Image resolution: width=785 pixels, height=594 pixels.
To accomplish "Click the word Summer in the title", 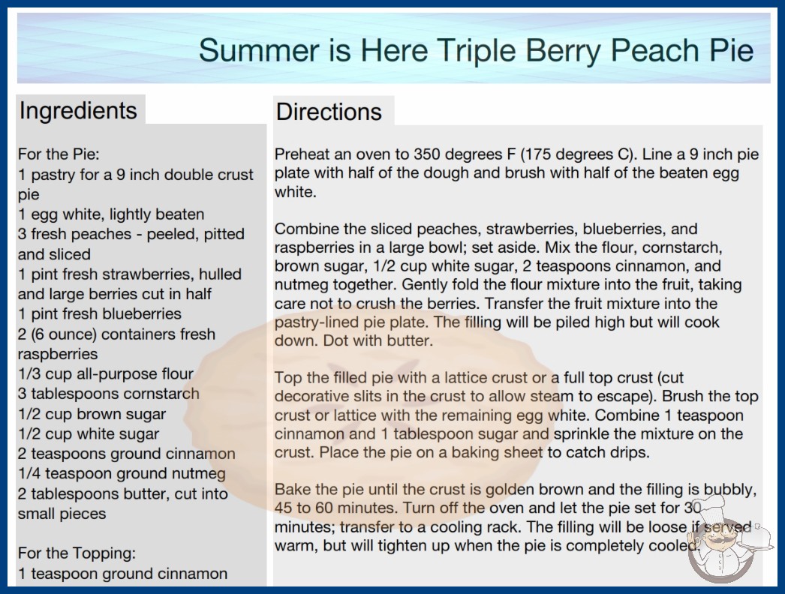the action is click(259, 50).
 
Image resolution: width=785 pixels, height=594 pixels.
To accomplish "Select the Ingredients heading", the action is click(78, 110).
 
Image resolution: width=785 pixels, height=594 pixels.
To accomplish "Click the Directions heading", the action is click(329, 112).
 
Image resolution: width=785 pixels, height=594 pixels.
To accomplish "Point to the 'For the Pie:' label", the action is click(59, 154).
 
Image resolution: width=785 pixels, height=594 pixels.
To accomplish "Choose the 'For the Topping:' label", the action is click(77, 553).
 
